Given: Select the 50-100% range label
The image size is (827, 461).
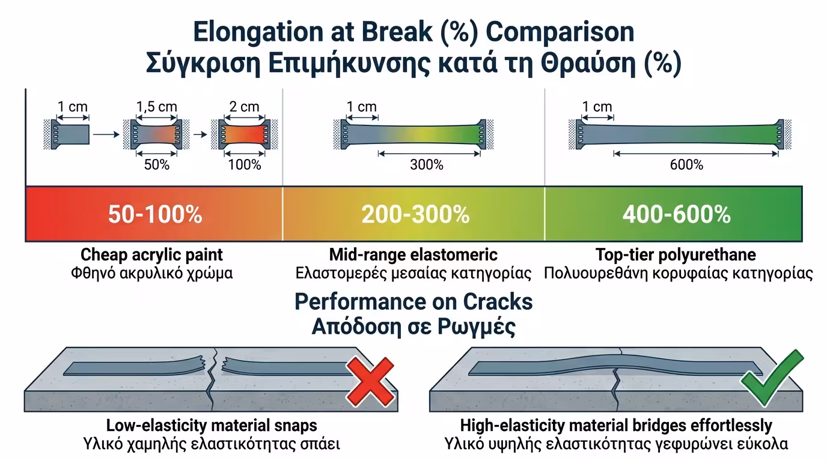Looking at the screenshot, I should pos(155,214).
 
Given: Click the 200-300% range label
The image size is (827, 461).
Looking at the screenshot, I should pos(415,214).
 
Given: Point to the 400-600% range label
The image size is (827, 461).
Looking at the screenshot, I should pos(676,214).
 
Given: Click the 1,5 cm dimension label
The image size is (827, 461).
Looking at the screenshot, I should pos(157,107).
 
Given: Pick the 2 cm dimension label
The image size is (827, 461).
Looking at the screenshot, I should pos(245,107).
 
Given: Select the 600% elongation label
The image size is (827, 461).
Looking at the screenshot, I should pos(686,164).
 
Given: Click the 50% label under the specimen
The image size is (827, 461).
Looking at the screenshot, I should pos(156,164).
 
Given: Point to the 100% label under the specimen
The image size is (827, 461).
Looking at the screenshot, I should pos(245,164).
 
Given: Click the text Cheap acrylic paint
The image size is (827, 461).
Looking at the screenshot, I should pos(151,255).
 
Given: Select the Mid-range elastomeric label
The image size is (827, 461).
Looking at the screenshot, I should pos(413,255).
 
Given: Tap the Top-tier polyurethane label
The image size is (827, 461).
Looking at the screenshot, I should pos(676,255).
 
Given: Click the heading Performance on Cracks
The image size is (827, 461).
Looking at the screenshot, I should pos(413,301).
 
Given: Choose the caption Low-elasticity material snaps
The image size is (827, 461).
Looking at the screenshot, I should pos(212,426).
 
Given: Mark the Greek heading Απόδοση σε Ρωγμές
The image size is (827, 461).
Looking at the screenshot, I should pos(413,327).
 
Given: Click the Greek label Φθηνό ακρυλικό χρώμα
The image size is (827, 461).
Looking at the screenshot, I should pos(151,273).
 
